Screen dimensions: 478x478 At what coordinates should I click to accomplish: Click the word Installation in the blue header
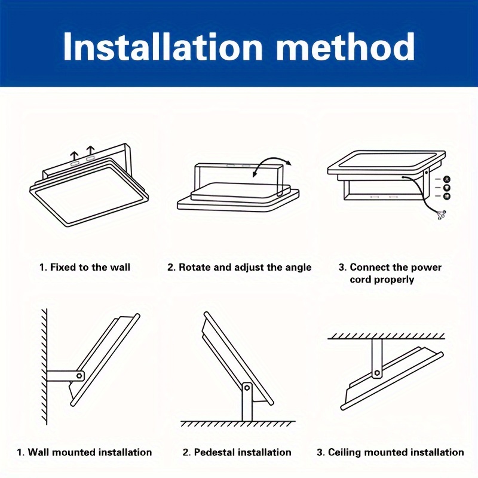(x=163, y=47)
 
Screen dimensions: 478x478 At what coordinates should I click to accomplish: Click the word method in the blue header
(x=345, y=47)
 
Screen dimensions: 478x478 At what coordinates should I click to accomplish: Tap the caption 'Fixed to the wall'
(x=90, y=267)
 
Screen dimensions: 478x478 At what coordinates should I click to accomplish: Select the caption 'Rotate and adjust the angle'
(x=245, y=268)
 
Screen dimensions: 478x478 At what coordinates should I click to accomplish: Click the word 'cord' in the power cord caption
(x=360, y=280)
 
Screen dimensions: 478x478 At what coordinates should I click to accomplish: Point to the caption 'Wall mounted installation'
(x=90, y=452)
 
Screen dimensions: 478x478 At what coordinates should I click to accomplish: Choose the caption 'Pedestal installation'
(x=243, y=452)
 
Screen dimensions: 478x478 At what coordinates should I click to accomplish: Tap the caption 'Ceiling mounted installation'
(x=396, y=452)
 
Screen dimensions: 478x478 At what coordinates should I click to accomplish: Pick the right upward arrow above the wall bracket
(x=91, y=151)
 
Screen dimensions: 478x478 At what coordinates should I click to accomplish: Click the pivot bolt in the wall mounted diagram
(x=79, y=376)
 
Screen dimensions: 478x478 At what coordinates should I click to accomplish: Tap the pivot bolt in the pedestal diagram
(x=247, y=388)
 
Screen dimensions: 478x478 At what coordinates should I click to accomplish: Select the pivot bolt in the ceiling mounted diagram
(x=377, y=372)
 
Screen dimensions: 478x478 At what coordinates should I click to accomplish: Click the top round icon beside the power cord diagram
(x=447, y=179)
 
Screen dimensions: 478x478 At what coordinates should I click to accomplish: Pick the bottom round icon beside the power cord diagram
(x=447, y=197)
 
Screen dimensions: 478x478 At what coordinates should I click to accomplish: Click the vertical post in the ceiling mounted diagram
(x=377, y=358)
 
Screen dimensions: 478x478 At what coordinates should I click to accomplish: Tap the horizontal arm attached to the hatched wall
(x=65, y=376)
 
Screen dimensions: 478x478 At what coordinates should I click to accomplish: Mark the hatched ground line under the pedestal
(x=238, y=424)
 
